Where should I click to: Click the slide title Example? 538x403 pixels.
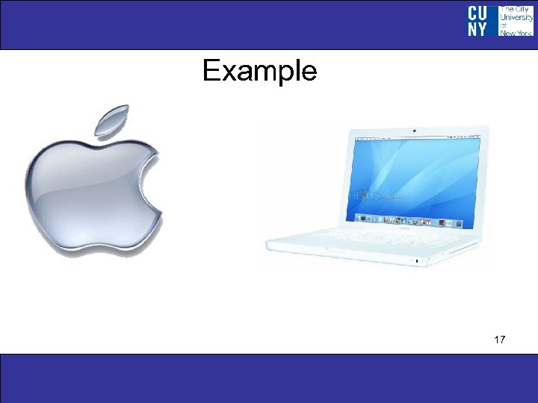click(259, 72)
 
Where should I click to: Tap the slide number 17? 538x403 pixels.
click(500, 340)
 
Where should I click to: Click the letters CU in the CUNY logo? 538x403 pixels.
click(478, 13)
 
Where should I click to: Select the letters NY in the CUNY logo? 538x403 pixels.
click(478, 28)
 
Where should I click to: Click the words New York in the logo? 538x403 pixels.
click(516, 33)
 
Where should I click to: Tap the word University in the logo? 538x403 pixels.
click(516, 17)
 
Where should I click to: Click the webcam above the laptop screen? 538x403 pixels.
click(414, 131)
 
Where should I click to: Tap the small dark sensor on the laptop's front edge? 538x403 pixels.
click(415, 260)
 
